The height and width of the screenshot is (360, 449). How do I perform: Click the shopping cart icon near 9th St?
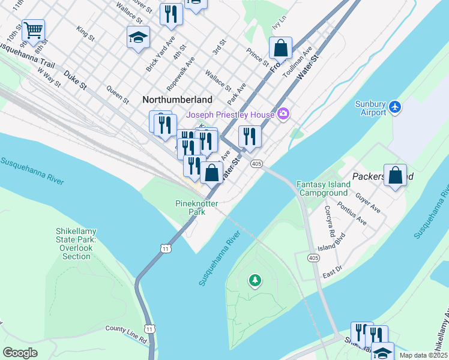tap(34, 29)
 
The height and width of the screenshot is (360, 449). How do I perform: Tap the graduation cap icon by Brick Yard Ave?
tap(138, 37)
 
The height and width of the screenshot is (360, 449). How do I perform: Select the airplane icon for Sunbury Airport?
tap(394, 107)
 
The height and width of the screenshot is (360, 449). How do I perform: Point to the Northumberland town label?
tap(177, 100)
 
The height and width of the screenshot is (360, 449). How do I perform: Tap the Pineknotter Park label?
tap(194, 208)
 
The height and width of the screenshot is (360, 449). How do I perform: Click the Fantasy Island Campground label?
tap(322, 188)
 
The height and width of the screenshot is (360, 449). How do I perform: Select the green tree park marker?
tap(255, 280)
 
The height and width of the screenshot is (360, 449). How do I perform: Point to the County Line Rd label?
tap(126, 334)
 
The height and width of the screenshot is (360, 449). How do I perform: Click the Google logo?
tap(20, 352)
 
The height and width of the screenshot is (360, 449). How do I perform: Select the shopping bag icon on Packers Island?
tap(395, 176)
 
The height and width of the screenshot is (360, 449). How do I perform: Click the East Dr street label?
tap(331, 270)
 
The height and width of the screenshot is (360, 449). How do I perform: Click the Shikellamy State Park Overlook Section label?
tap(76, 244)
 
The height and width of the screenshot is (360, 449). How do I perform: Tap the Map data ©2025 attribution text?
tap(422, 355)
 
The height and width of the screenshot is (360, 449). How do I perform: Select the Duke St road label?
tap(75, 78)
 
